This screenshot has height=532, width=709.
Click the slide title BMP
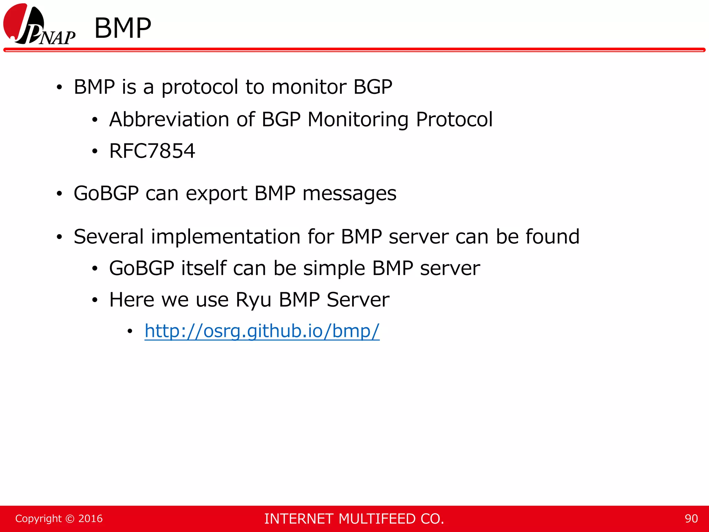coord(123,28)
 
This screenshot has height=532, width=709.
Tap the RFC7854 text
coord(152,151)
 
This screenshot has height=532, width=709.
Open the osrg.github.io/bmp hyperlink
coord(262,331)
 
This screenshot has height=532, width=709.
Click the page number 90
coord(691,518)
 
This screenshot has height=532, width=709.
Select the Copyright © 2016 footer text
coord(59,518)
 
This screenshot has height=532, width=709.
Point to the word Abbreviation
coord(169,119)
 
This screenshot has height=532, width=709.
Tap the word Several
coord(108,237)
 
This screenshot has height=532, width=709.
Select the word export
coord(216,193)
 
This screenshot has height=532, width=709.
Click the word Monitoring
coord(358,119)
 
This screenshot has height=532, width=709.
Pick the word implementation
coord(225,237)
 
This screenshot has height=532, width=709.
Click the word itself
coord(203,268)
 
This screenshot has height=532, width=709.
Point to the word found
coord(552,237)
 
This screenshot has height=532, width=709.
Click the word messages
coord(349,193)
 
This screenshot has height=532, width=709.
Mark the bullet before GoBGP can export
coord(59,194)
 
